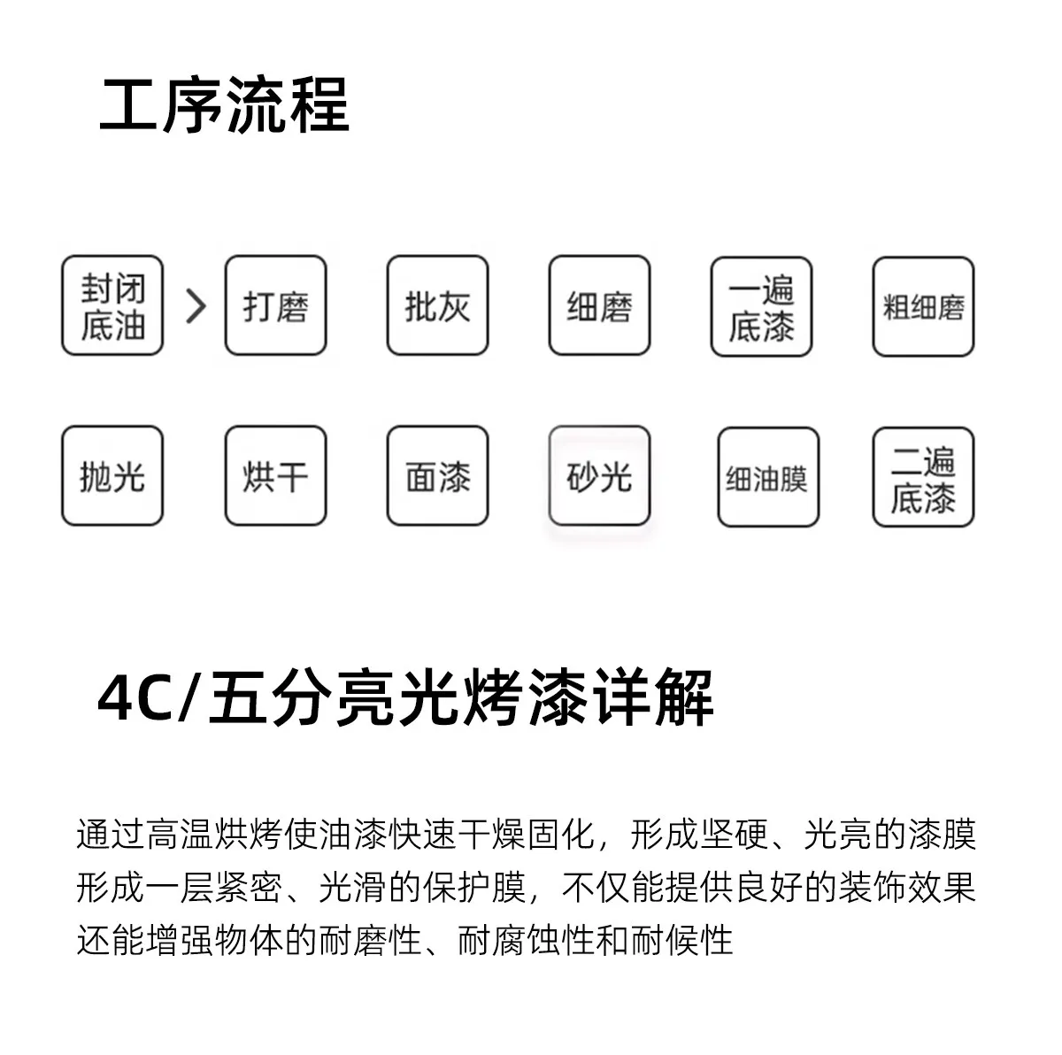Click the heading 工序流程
(224, 104)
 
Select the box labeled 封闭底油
(112, 304)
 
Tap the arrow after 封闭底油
(196, 306)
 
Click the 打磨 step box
(275, 304)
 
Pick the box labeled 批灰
(437, 304)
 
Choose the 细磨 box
(600, 304)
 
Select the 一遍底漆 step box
(762, 306)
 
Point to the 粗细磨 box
(924, 306)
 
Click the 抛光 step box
(112, 475)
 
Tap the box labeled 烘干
(275, 475)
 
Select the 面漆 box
(437, 475)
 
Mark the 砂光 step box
(600, 475)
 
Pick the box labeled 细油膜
(768, 477)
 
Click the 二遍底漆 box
(924, 477)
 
